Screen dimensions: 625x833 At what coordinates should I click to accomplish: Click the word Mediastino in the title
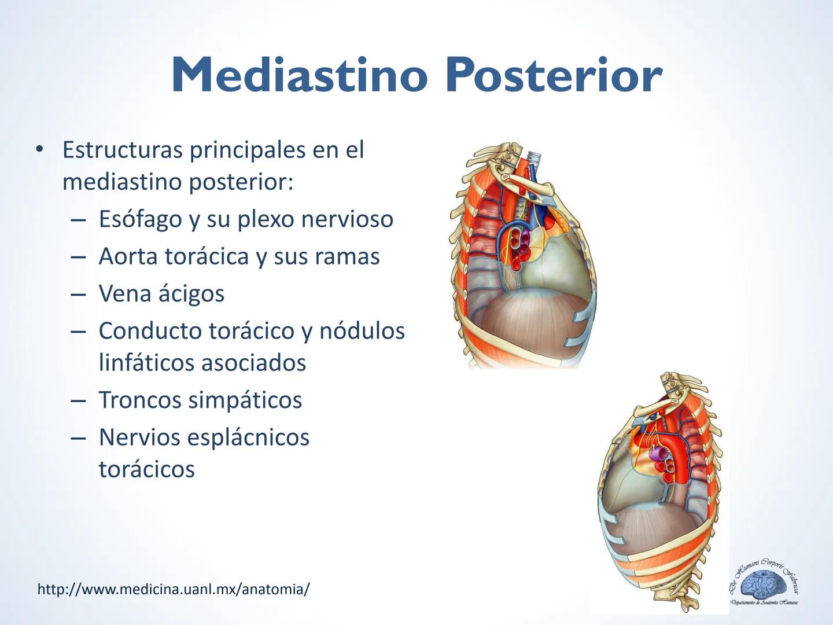point(298,75)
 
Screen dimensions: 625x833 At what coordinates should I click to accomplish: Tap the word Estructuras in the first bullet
point(122,150)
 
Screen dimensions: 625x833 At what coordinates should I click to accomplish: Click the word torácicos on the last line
point(146,469)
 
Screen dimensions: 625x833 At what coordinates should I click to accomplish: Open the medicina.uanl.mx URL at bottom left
point(173,589)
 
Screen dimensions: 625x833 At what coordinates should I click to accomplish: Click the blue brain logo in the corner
point(764,584)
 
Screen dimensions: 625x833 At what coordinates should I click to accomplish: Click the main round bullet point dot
point(39,149)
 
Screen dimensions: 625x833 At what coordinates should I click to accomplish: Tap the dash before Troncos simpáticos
point(78,400)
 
